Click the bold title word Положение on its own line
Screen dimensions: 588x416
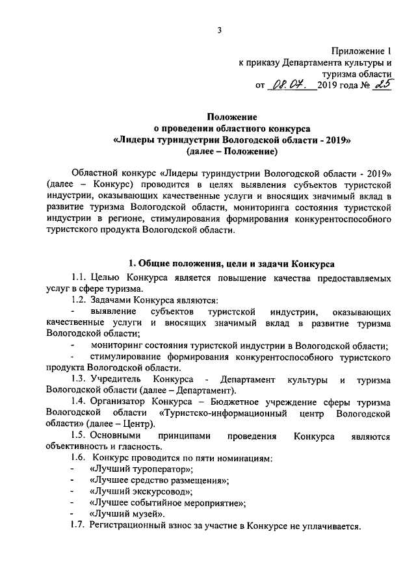[232, 117]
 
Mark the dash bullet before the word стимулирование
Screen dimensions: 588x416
[71, 356]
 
